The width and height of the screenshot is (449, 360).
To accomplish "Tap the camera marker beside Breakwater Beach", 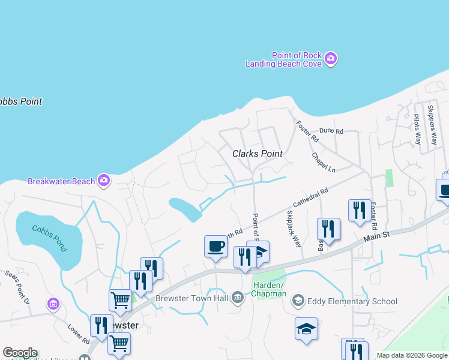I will point(104,179).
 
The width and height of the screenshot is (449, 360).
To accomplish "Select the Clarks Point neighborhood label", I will point(257,154).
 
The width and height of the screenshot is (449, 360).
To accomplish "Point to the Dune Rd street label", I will point(331,130).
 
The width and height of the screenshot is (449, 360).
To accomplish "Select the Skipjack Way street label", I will point(294,229).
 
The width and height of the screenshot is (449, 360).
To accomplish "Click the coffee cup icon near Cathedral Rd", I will point(215,245).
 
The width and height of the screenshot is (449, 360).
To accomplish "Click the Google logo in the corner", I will point(20,353).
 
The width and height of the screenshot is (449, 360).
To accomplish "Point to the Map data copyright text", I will point(412,355).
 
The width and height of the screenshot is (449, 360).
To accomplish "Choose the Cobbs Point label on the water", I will point(21,101).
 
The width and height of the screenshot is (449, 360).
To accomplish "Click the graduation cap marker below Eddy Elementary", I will point(306,328).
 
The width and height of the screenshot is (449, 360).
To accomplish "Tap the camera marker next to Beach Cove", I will point(331,59).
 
